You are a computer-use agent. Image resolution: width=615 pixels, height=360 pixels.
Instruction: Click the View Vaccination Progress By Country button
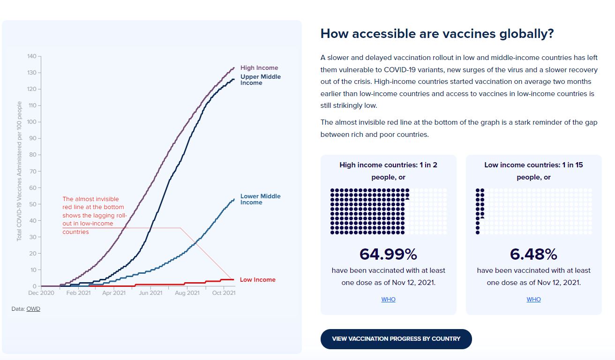tap(396, 339)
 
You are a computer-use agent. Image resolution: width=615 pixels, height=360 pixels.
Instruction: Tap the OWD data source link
tap(33, 309)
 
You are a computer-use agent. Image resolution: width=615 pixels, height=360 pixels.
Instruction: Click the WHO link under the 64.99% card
tap(388, 300)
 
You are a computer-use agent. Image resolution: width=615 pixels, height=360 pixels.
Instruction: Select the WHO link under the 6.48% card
tap(533, 300)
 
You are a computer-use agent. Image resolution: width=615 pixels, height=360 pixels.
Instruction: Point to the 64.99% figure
tap(388, 254)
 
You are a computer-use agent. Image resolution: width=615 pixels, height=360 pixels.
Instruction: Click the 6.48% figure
tap(533, 254)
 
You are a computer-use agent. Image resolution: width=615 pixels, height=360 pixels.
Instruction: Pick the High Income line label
tap(259, 68)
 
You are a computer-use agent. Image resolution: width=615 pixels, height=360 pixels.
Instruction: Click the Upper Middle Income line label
tap(260, 80)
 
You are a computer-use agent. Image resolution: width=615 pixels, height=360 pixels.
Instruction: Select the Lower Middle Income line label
tap(260, 199)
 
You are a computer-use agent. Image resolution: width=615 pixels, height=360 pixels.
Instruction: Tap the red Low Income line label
tap(257, 280)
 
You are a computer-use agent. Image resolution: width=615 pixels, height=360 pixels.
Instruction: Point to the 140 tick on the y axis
tap(32, 56)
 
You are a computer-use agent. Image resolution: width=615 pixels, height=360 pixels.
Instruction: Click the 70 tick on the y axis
tap(33, 172)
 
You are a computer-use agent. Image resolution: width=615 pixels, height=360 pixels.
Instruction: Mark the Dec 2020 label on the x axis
tap(41, 293)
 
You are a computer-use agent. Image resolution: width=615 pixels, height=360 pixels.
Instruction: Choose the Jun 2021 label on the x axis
tap(150, 293)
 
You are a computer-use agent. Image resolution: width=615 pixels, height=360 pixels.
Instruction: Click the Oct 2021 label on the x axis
tap(224, 293)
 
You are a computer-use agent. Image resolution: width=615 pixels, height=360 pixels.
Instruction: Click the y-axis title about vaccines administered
tap(19, 171)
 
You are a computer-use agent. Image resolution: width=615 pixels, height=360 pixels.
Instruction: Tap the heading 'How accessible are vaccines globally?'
tap(437, 34)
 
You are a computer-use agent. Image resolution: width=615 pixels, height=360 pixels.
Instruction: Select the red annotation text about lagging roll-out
tap(94, 215)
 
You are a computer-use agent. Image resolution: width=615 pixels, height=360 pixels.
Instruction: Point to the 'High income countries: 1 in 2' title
tap(388, 165)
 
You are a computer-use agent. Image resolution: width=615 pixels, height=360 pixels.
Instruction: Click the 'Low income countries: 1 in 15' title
tap(533, 165)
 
